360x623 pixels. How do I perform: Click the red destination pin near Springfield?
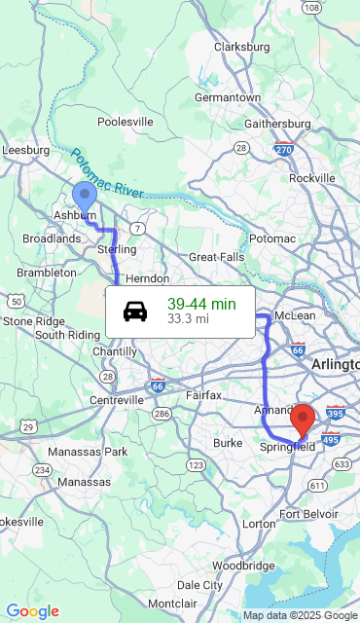[303, 418]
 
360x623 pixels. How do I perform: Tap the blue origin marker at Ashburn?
[85, 195]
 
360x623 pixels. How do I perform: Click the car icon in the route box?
[135, 311]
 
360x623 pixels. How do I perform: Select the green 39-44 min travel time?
[201, 304]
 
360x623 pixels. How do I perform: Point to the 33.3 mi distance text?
[188, 318]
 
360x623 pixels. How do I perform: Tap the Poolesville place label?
[126, 122]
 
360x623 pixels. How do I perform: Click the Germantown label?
[228, 97]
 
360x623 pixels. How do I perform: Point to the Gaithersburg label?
[276, 124]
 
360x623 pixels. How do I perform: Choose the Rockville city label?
[311, 178]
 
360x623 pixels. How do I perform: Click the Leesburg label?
[26, 150]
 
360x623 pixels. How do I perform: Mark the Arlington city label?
[336, 364]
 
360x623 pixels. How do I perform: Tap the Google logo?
[32, 610]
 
